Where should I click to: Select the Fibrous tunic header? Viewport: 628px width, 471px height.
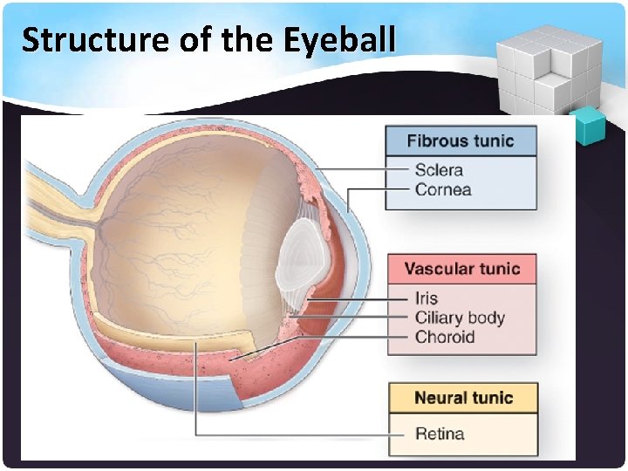coord(461,141)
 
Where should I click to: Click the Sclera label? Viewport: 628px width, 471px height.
coord(439,170)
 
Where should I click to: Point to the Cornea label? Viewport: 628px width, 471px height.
coord(443,189)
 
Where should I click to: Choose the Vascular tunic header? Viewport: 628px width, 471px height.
coord(462,269)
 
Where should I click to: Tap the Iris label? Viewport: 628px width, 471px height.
coord(427,298)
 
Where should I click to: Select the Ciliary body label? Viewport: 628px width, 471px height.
coord(460,317)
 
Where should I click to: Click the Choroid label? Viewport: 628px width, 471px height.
coord(445,337)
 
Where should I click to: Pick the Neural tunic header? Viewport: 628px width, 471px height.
coord(463,398)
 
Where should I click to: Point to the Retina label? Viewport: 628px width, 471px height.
coord(440,433)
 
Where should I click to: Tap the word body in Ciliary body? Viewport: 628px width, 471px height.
coord(486,317)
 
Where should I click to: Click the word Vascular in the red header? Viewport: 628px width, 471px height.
coord(439,269)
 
